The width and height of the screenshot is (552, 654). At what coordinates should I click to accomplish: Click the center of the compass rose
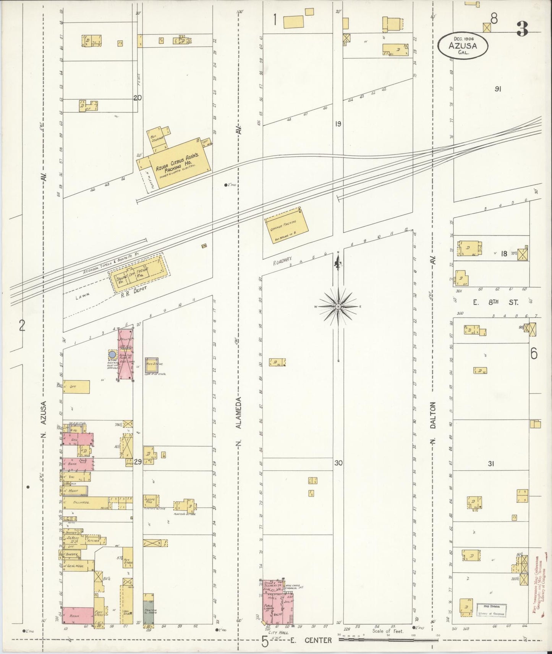click(338, 306)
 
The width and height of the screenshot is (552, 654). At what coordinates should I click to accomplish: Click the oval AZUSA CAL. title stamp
click(463, 45)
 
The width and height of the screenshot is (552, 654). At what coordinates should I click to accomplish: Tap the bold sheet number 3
click(522, 29)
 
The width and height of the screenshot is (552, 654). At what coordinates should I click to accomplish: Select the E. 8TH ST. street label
click(495, 303)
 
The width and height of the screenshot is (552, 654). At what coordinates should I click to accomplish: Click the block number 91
click(497, 89)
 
